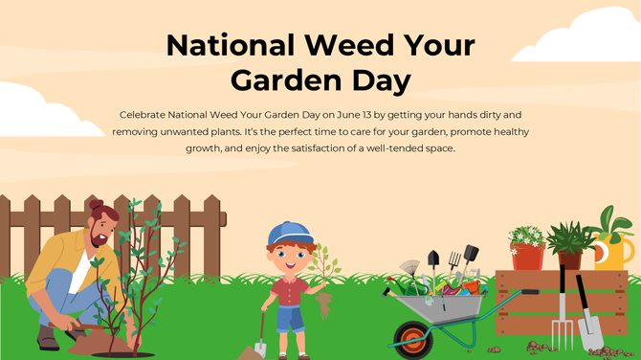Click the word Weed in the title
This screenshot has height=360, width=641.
[x=328, y=46]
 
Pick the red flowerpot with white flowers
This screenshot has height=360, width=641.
[x=527, y=253]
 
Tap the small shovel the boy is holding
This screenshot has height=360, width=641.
[x=259, y=335]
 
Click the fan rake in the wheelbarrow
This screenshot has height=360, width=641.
[x=410, y=267]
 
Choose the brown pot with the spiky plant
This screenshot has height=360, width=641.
[x=572, y=257]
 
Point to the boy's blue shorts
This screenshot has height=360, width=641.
[x=289, y=317]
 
